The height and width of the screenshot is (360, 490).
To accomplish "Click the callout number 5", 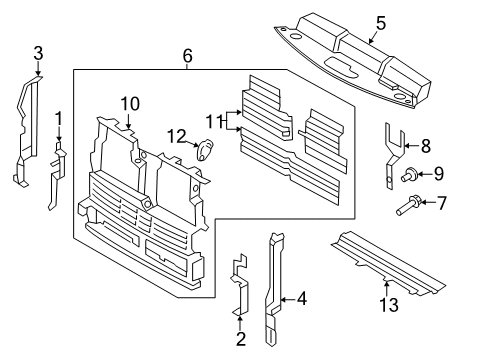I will point(380,20).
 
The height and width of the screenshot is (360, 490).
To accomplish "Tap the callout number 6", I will point(186,59).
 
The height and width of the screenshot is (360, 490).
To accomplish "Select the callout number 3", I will point(38,52).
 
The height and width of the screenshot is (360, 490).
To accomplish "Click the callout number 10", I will point(130,103).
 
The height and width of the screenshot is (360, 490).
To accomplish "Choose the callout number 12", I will point(176,136).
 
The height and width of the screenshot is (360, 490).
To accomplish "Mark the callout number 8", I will point(425,147).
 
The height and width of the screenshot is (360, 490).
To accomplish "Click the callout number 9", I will point(438,174).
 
